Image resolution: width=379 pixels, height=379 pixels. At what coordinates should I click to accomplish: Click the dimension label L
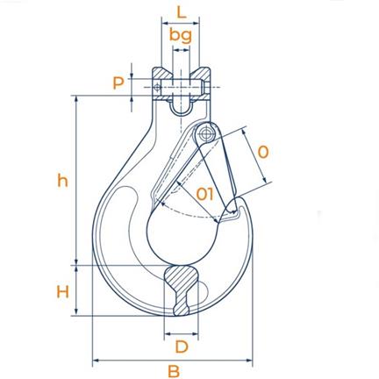pos(182,12)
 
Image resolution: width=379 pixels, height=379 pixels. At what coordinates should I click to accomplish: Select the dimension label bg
pos(181,36)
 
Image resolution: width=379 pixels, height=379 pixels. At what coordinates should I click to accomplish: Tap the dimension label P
pos(118,83)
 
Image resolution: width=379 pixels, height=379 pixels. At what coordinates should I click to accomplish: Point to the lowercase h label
pos(62,181)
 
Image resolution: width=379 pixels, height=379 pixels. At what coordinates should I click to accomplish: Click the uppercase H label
pos(62,291)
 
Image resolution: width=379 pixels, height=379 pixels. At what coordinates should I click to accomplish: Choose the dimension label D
pos(182,347)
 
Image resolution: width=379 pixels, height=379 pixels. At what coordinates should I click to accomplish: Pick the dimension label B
pos(174,371)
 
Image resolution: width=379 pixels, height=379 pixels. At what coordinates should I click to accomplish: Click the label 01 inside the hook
pos(204,194)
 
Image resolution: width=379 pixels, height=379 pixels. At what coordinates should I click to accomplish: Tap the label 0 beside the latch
pos(263,152)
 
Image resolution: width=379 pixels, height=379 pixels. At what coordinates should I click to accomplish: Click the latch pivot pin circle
pos(206,134)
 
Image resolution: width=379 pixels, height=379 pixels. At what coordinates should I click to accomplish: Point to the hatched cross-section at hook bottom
pos(181,290)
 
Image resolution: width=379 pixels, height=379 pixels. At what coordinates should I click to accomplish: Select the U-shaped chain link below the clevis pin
pos(182,109)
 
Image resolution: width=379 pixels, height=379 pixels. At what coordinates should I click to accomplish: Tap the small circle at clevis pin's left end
pos(158,88)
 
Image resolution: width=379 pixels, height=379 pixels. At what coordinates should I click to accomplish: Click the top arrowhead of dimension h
pos(76,99)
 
